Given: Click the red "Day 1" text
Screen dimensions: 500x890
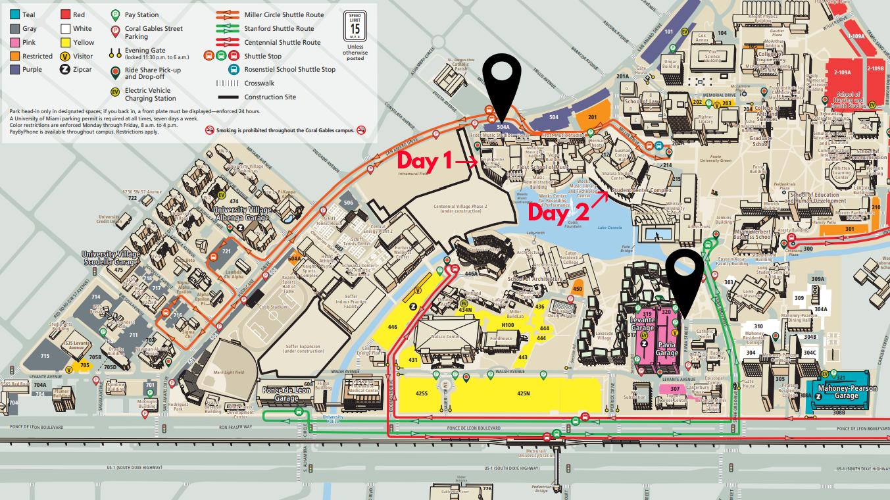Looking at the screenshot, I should point(425,160).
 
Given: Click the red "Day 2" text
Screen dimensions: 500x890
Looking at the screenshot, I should point(556,211).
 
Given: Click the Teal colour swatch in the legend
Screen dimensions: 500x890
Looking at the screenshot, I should point(14,14).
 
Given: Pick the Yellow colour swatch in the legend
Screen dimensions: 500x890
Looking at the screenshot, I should point(65,42).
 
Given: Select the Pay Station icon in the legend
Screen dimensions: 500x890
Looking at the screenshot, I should point(115,14).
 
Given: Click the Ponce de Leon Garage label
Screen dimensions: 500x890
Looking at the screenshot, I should point(286,394).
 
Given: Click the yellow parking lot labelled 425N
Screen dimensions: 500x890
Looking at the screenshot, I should point(523,393).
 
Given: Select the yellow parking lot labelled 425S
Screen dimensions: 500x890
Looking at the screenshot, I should point(422,393).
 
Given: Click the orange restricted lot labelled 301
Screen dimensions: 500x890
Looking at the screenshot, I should point(850,229).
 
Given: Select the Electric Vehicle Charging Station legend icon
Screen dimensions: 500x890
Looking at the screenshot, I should point(115,91).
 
